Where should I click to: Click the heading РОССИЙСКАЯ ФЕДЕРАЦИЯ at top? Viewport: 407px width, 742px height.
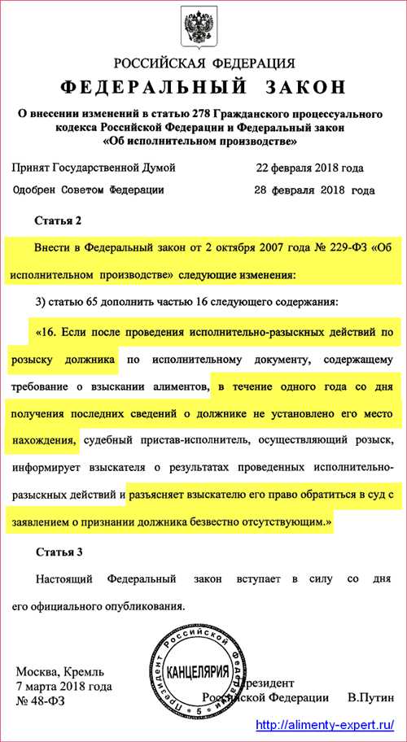click(203, 63)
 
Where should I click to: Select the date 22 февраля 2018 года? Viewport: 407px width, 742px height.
click(309, 168)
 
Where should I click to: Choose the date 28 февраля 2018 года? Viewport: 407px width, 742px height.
click(314, 190)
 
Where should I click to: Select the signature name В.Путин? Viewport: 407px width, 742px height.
click(370, 698)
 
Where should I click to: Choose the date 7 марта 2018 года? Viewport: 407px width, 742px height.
click(64, 686)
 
